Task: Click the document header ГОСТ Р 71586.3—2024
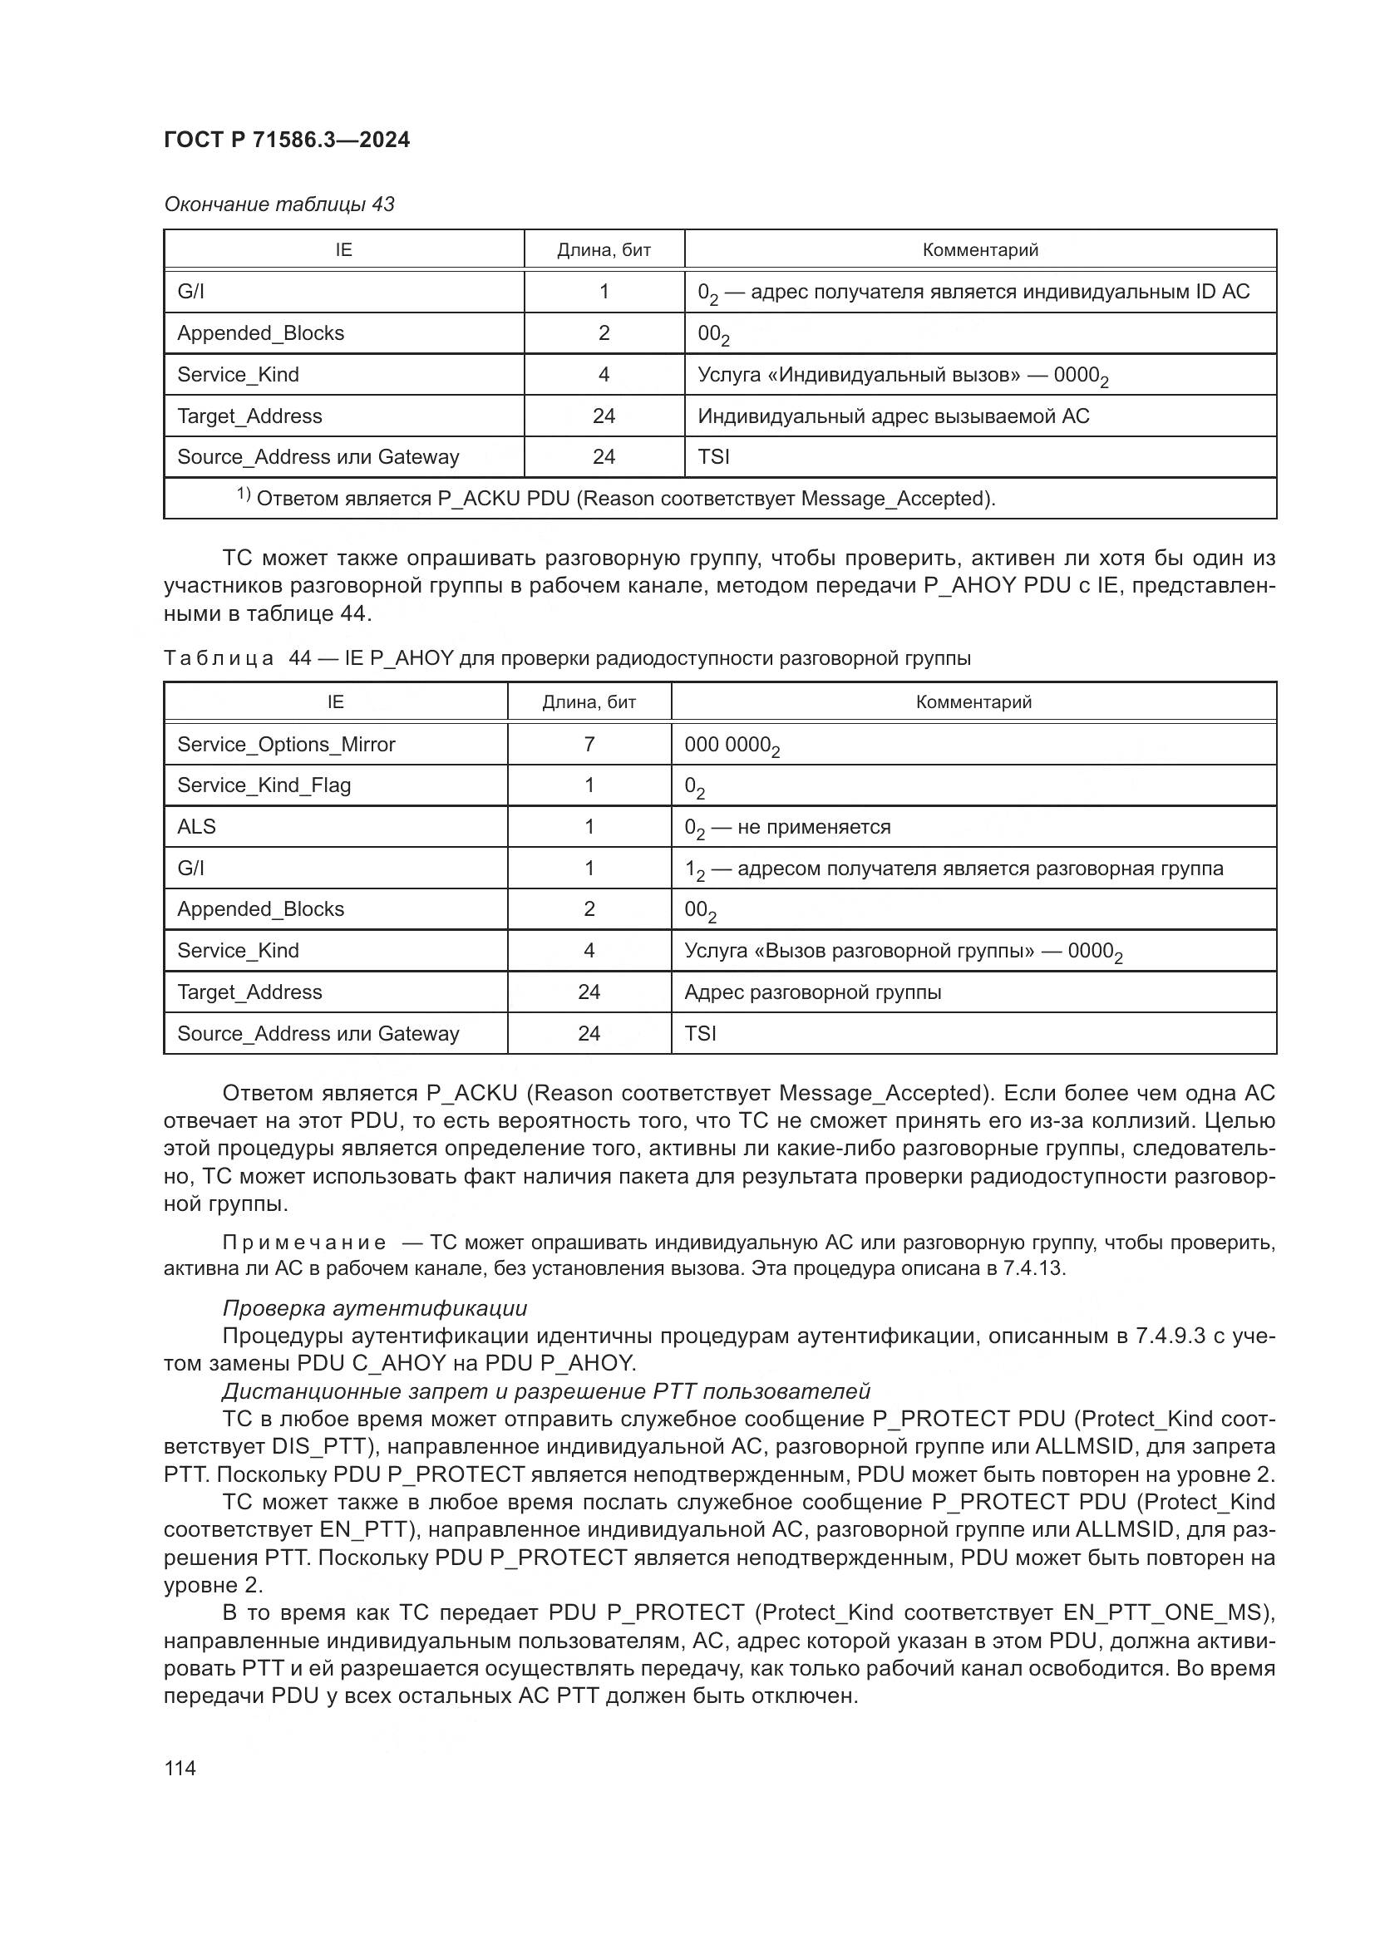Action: [286, 140]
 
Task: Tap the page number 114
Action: [180, 1768]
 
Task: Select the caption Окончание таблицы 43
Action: [278, 204]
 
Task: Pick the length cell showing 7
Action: [589, 744]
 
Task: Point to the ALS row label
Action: [196, 826]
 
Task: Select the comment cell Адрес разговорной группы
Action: [813, 992]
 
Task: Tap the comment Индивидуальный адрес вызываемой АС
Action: [893, 416]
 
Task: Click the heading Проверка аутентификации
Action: [374, 1308]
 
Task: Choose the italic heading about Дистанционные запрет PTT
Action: [546, 1391]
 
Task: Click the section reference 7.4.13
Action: [1035, 1268]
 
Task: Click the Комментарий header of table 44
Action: [973, 702]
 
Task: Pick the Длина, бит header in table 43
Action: [604, 250]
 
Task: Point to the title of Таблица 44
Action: [567, 658]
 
